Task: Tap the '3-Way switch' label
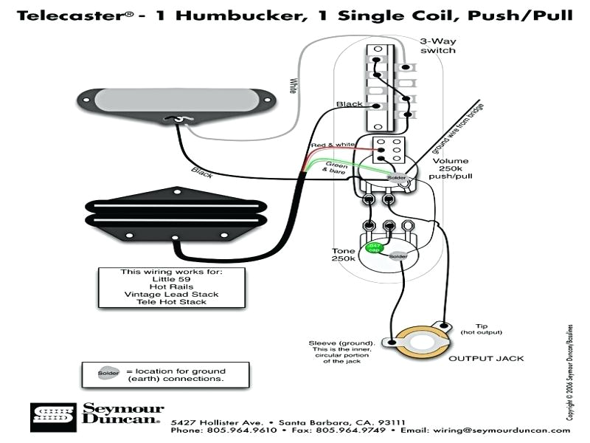(437, 46)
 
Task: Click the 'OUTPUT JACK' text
(486, 358)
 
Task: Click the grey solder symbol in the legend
(108, 373)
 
